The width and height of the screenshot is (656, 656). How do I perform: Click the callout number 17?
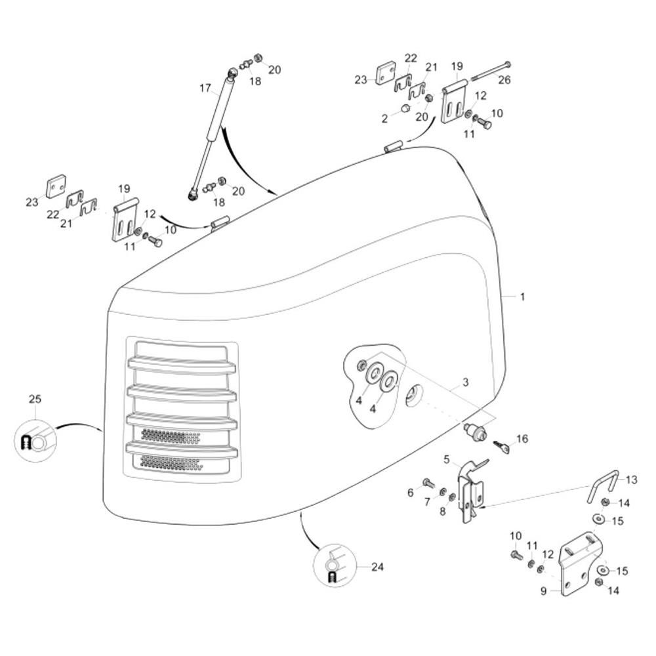pyautogui.click(x=205, y=89)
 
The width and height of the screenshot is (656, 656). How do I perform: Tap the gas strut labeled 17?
pyautogui.click(x=213, y=133)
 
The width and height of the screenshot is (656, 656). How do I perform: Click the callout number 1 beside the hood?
pyautogui.click(x=522, y=297)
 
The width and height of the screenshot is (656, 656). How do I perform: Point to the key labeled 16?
pyautogui.click(x=502, y=446)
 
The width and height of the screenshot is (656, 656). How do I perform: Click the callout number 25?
pyautogui.click(x=35, y=399)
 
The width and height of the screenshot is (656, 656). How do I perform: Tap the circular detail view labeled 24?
pyautogui.click(x=335, y=565)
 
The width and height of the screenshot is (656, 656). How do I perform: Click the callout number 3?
pyautogui.click(x=465, y=382)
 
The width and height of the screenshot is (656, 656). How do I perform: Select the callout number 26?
pyautogui.click(x=504, y=79)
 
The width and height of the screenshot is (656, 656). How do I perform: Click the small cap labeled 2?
pyautogui.click(x=405, y=108)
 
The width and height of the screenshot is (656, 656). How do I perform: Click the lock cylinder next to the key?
pyautogui.click(x=476, y=430)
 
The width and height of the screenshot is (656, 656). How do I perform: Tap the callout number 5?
pyautogui.click(x=446, y=459)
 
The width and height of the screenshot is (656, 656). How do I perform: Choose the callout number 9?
pyautogui.click(x=543, y=591)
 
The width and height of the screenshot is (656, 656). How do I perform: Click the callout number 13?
pyautogui.click(x=631, y=480)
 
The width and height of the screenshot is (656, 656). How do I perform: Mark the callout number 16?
pyautogui.click(x=522, y=438)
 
